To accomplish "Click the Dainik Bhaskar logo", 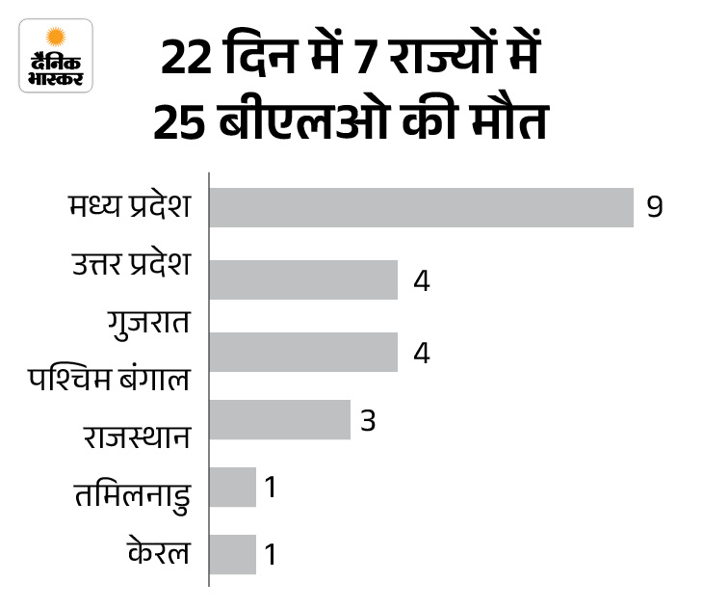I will click(x=56, y=55).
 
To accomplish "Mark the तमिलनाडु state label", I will click(x=129, y=494).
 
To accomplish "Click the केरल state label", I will click(x=157, y=552).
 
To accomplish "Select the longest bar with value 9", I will click(x=422, y=207).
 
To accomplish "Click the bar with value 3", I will click(x=280, y=420).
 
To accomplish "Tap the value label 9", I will click(x=655, y=207).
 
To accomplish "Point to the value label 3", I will click(x=367, y=420).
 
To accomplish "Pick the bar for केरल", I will click(x=233, y=554).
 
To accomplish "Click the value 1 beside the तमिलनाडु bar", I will click(x=272, y=488).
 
